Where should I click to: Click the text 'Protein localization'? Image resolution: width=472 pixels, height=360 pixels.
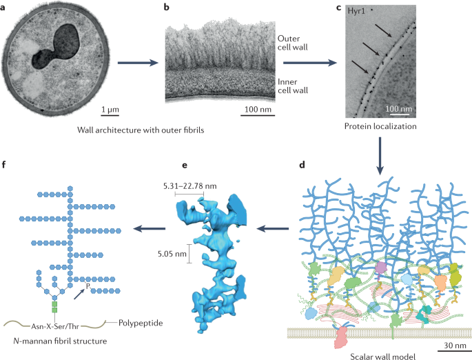tap(380, 127)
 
